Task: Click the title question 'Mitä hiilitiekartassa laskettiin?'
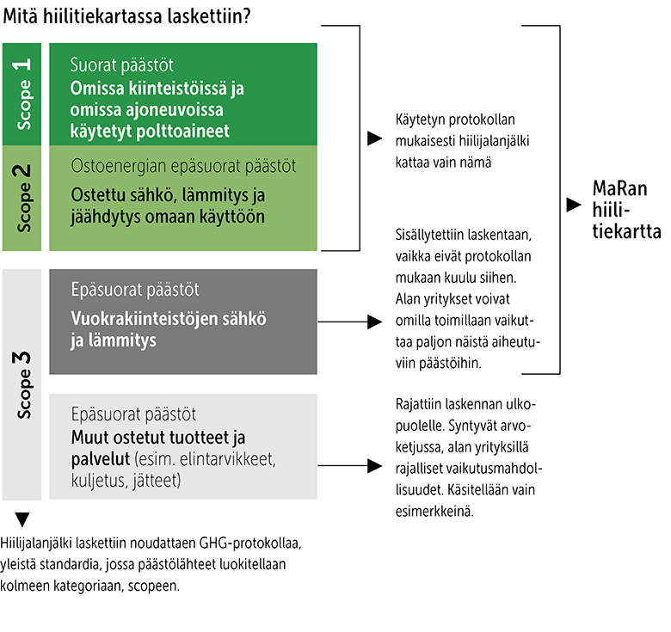point(127,15)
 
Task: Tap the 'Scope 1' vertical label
point(24,93)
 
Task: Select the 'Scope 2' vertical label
point(24,198)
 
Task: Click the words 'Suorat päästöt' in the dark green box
point(121,65)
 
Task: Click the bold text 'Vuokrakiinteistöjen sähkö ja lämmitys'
point(168,329)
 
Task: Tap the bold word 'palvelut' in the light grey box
point(98,458)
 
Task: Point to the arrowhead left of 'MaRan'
point(573,206)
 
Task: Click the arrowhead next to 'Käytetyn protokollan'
point(373,138)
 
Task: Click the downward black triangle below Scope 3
point(22,519)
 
